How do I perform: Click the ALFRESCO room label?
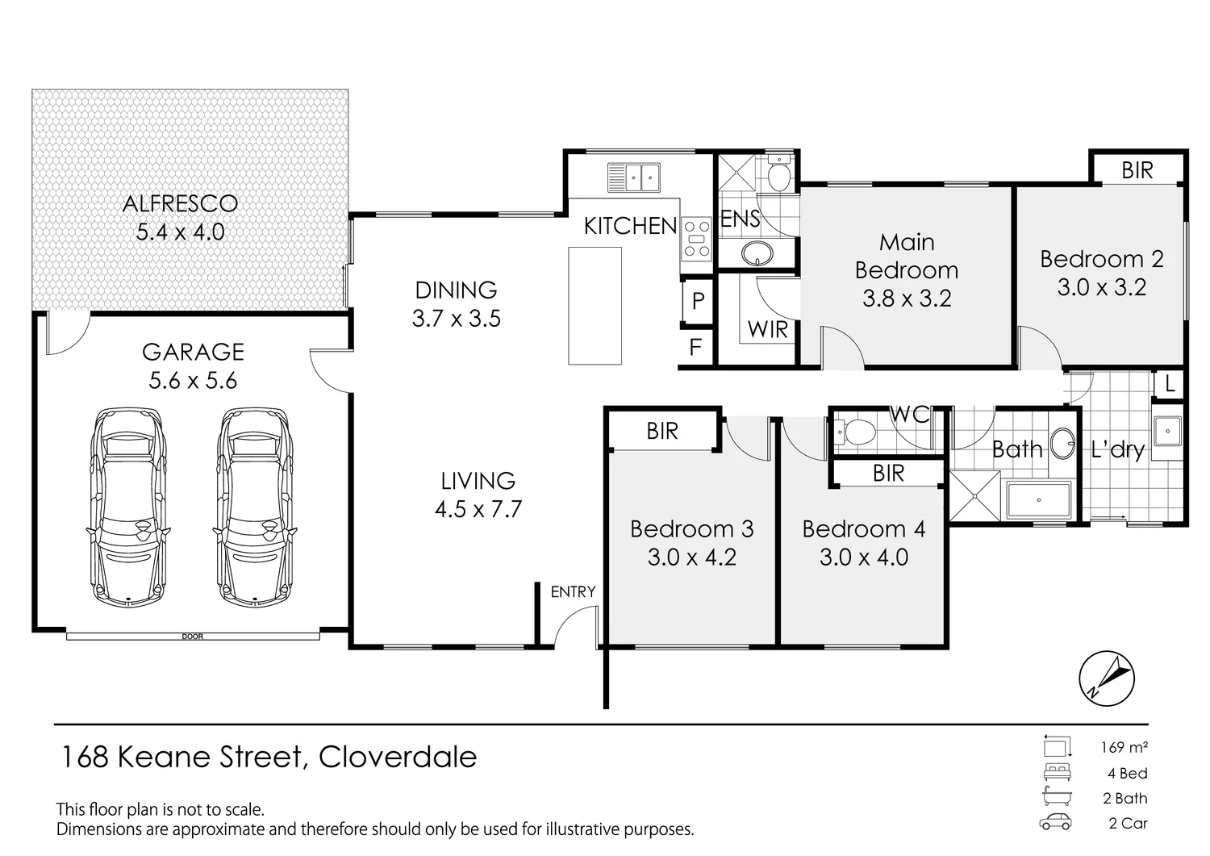pyautogui.click(x=180, y=203)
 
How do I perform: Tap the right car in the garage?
pyautogui.click(x=254, y=506)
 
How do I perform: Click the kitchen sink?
pyautogui.click(x=634, y=177)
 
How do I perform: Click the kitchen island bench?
pyautogui.click(x=595, y=306)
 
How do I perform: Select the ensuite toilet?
pyautogui.click(x=778, y=175)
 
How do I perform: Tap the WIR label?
pyautogui.click(x=767, y=329)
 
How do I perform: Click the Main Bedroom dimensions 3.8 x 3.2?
pyautogui.click(x=907, y=299)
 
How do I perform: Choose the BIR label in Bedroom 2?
pyautogui.click(x=1137, y=170)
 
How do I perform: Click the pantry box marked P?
pyautogui.click(x=698, y=301)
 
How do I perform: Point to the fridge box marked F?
pyautogui.click(x=695, y=348)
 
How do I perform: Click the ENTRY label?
pyautogui.click(x=573, y=592)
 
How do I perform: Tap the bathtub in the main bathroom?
pyautogui.click(x=1037, y=500)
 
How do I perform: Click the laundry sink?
pyautogui.click(x=1166, y=431)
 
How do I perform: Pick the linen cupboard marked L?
pyautogui.click(x=1170, y=385)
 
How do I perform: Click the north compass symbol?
pyautogui.click(x=1107, y=677)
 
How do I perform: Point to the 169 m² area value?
pyautogui.click(x=1124, y=747)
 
